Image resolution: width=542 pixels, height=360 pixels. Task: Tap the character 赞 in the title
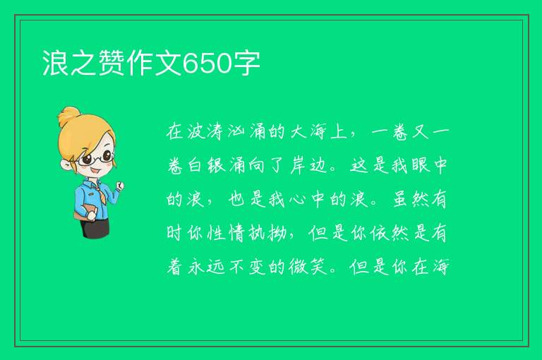pyautogui.click(x=112, y=63)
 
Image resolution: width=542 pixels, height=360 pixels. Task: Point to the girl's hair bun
pyautogui.click(x=68, y=116)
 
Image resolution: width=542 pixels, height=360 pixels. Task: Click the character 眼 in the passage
pyautogui.click(x=421, y=165)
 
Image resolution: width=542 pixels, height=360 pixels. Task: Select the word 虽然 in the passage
pyautogui.click(x=410, y=199)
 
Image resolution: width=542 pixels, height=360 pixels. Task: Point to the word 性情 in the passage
pyautogui.click(x=227, y=233)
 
